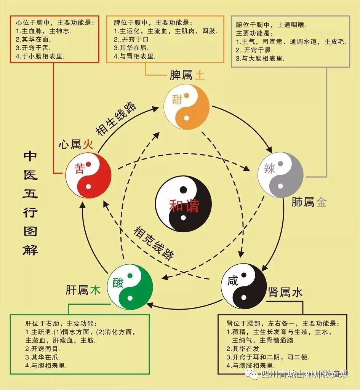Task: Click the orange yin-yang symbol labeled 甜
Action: (187, 107)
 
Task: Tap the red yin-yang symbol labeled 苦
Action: (88, 175)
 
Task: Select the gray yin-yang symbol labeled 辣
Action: (280, 175)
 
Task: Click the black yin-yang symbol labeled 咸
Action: (244, 286)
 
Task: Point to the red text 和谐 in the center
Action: (184, 206)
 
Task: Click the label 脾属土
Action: (187, 75)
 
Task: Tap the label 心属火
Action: (76, 144)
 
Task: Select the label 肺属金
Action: (309, 202)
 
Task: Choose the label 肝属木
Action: (83, 290)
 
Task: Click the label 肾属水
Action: (285, 292)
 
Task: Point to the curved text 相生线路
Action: (116, 119)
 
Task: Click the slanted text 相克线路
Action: (154, 243)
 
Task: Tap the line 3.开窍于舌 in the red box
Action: (33, 48)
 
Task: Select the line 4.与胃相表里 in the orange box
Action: (134, 56)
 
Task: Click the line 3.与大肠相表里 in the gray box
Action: (260, 58)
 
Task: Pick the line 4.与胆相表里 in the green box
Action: (46, 366)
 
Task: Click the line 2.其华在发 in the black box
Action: (243, 349)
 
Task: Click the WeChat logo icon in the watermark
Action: (251, 374)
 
